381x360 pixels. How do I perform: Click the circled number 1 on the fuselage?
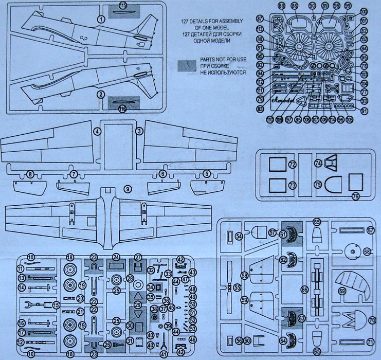(101, 19)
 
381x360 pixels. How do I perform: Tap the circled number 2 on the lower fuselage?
(101, 95)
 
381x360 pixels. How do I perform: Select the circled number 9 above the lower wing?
(127, 189)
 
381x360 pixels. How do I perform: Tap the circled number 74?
(318, 163)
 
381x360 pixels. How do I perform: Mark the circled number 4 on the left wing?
(96, 132)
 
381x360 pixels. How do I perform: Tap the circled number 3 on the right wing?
(138, 132)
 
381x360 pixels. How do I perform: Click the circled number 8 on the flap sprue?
(30, 175)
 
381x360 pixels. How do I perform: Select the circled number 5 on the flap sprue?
(207, 174)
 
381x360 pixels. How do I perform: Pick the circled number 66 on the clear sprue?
(305, 290)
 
